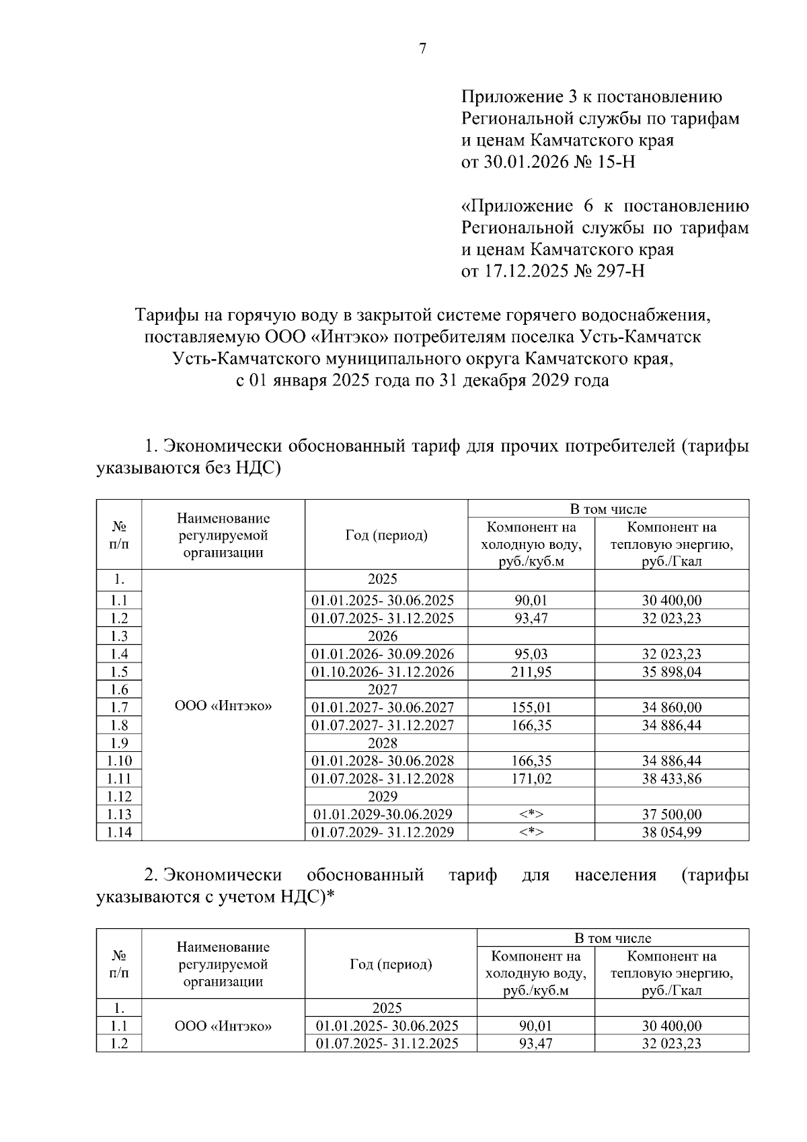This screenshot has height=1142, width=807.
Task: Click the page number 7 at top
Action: [x=422, y=48]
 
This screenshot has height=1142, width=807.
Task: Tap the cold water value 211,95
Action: [x=531, y=672]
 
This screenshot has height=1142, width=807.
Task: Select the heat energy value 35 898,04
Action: [x=672, y=672]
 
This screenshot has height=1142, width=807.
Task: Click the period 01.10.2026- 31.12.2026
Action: [x=383, y=672]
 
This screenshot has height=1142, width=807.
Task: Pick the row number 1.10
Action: [x=119, y=761]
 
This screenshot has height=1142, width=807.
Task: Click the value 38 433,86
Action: [x=672, y=779]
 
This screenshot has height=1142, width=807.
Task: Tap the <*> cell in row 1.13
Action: [x=531, y=814]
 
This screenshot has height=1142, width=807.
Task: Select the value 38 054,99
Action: [x=672, y=832]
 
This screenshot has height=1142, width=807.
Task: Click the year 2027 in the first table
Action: [x=383, y=689]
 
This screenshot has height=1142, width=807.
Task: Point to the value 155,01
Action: [x=531, y=708]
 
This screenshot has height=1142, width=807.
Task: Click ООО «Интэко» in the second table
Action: [x=223, y=1026]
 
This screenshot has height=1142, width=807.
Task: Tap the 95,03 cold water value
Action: [x=531, y=654]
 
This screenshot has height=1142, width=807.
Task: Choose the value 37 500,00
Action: [x=672, y=814]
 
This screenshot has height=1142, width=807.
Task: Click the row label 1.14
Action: [x=119, y=832]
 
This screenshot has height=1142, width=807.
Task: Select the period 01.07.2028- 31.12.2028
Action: [x=383, y=779]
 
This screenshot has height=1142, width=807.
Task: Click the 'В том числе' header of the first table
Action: [x=608, y=509]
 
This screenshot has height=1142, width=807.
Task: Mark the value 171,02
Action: [x=531, y=779]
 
